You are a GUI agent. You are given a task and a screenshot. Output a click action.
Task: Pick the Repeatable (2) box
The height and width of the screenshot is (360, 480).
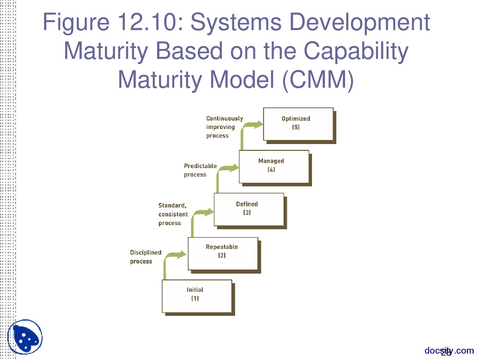223,253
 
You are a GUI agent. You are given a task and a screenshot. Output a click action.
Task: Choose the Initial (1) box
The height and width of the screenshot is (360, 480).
197,296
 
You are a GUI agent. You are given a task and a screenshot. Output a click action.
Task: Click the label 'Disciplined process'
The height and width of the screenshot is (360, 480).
145,257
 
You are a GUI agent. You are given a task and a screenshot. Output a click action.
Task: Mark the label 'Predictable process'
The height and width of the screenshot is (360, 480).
200,170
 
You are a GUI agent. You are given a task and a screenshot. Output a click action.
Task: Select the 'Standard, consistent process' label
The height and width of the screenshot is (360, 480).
173,214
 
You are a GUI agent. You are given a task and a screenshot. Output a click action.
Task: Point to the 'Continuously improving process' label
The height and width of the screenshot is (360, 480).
224,127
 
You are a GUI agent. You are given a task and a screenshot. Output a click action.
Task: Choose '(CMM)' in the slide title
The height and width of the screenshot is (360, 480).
318,79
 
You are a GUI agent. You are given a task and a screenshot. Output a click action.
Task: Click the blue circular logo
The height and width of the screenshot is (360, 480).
25,337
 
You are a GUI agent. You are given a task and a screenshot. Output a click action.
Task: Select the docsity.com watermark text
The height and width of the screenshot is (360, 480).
449,351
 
